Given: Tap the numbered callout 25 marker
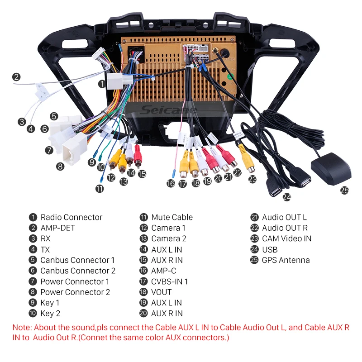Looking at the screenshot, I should point(345,191).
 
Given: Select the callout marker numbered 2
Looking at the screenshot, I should point(16,77).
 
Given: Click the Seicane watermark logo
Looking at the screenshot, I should point(168,110).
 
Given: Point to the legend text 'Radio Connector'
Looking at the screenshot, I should point(71,217).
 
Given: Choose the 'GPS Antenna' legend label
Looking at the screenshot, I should point(286,260).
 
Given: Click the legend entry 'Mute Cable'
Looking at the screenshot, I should point(172,217).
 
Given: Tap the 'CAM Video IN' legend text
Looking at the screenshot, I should point(287,238).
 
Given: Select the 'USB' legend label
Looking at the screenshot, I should point(270,249).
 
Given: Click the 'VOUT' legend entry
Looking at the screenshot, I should point(162,292).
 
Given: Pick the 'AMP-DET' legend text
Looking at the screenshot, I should point(57,228).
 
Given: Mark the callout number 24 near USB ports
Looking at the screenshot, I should point(286,197).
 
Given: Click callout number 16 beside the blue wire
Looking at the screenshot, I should point(170,184).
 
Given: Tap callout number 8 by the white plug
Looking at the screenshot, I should point(60,166).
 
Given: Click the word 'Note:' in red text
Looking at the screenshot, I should point(22,327).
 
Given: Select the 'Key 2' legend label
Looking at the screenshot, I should point(50,313).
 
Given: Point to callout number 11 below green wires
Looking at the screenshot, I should point(100,189).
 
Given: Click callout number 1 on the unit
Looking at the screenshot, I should point(102,84).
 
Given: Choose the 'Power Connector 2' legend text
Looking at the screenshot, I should point(75,292).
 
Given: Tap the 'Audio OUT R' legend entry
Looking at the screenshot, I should point(285,228).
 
